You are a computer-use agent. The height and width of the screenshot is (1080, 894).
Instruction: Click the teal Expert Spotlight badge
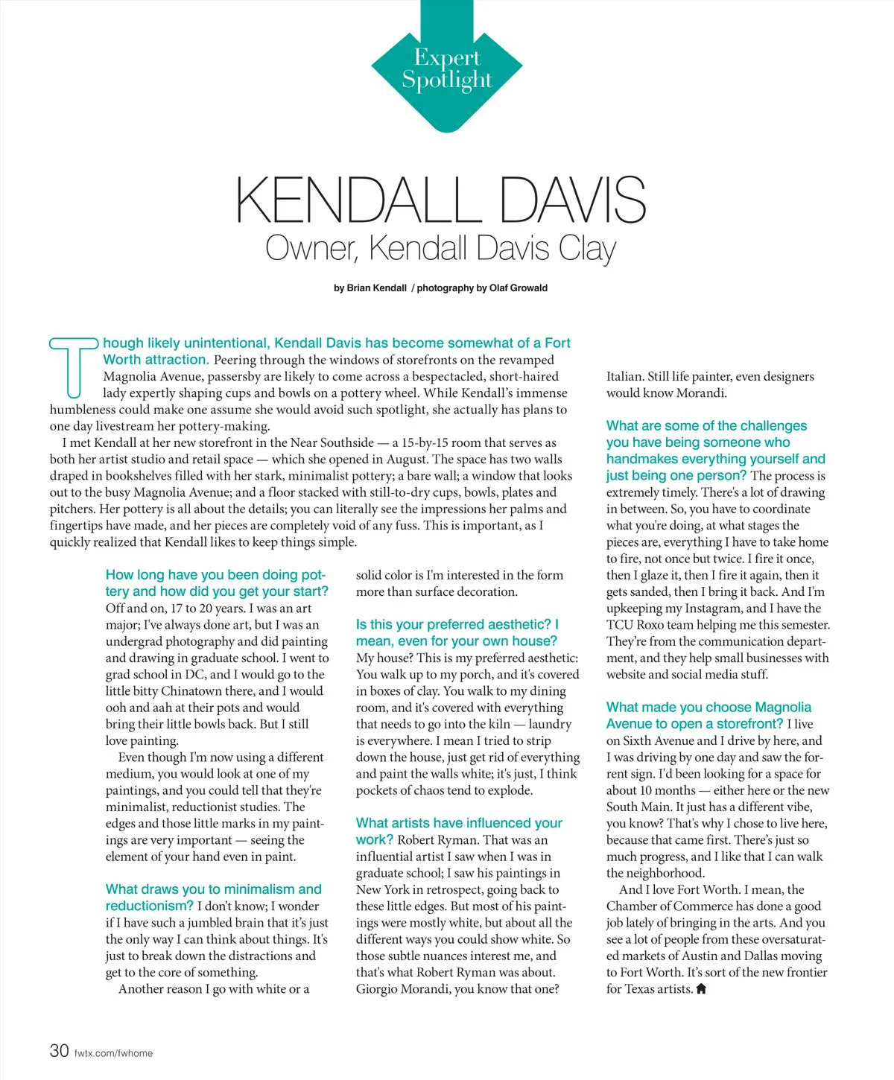[446, 69]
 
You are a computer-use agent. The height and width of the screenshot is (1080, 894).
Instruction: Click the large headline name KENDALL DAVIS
[440, 200]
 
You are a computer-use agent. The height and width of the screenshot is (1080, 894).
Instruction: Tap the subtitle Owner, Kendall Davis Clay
[440, 249]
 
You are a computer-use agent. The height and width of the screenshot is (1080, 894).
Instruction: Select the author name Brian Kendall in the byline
[376, 288]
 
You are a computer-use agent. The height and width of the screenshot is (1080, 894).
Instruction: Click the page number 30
[59, 1051]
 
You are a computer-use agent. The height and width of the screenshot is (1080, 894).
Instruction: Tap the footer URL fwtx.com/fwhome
[113, 1053]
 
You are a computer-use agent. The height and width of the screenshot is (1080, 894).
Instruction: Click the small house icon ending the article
[700, 989]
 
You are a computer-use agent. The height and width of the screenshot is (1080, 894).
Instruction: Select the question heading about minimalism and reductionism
[213, 897]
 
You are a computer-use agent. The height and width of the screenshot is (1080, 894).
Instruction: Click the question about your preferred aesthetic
[457, 632]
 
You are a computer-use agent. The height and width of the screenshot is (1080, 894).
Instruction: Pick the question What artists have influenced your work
[459, 830]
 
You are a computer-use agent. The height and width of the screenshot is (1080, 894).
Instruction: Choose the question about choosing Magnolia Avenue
[708, 715]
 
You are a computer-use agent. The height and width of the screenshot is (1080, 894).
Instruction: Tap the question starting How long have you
[216, 583]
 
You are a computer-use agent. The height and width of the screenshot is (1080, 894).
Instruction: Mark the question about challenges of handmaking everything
[714, 450]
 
